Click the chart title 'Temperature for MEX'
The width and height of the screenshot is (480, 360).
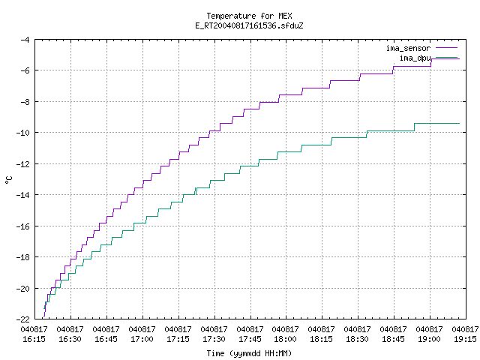[249, 16]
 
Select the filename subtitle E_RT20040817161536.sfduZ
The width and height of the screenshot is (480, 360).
[249, 25]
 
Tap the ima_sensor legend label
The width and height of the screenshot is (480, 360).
[408, 48]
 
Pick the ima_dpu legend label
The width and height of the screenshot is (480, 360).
[415, 58]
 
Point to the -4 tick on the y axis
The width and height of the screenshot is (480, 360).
[25, 40]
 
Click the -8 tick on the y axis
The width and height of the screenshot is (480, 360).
[25, 102]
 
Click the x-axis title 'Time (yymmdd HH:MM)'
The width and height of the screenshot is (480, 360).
[249, 353]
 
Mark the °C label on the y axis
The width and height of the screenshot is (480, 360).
[9, 180]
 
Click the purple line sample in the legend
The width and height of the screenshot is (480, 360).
[447, 48]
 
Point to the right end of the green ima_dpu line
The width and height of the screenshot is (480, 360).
[460, 123]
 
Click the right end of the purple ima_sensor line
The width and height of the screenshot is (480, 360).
[460, 58]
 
